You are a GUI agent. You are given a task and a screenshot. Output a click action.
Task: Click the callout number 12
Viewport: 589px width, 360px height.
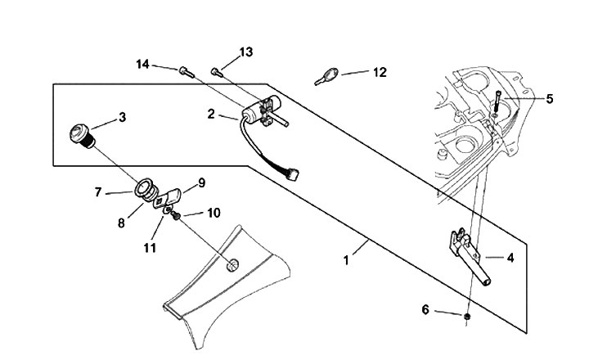[x=380, y=72]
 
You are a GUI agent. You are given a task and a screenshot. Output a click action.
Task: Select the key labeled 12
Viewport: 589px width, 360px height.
[x=326, y=76]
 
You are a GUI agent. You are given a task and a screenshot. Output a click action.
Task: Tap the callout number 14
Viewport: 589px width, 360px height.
[x=142, y=65]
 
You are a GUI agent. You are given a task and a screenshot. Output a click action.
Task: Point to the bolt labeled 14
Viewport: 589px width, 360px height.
[x=187, y=72]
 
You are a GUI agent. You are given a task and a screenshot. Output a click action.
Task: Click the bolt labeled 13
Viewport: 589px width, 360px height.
[x=217, y=73]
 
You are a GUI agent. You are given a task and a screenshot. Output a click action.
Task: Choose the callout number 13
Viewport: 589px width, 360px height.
[x=246, y=52]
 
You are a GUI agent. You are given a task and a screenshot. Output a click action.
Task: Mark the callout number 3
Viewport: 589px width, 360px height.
[x=123, y=117]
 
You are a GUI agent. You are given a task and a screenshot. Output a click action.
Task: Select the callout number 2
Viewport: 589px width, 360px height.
[x=211, y=114]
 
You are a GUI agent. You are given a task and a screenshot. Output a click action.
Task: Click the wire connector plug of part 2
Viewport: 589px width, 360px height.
[x=293, y=174]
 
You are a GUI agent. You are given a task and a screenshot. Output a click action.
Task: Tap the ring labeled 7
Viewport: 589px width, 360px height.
[x=143, y=188]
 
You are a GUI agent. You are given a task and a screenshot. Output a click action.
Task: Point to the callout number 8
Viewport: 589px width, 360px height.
[x=121, y=223]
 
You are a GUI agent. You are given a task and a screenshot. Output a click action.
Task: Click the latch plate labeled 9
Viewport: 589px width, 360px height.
[x=168, y=199]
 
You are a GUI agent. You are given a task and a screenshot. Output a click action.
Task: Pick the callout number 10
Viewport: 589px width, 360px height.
[x=214, y=213]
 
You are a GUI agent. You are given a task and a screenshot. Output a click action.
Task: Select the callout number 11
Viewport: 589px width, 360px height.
[x=150, y=248]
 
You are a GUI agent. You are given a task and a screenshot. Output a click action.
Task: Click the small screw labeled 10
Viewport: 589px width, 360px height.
[x=175, y=216]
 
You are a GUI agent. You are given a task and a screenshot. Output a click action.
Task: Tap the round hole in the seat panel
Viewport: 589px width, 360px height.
[x=232, y=265]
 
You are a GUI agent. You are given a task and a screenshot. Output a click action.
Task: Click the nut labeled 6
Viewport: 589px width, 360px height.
[x=467, y=317]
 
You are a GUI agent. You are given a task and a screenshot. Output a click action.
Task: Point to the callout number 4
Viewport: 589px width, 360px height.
[x=510, y=258]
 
